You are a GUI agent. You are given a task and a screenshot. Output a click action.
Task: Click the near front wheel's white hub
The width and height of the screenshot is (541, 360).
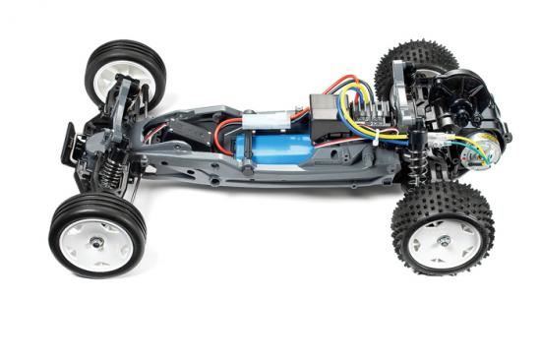click(97, 240)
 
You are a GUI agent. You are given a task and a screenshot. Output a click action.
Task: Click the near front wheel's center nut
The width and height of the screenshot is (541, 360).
click(98, 240)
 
